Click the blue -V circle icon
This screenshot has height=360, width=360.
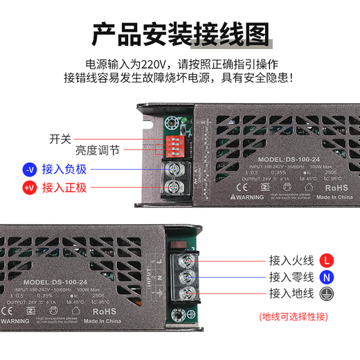[29, 168]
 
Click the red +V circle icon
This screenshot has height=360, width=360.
[29, 187]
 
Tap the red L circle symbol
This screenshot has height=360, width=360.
[327, 261]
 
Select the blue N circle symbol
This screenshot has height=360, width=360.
[327, 278]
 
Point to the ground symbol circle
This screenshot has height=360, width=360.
[327, 294]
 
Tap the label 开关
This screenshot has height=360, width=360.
[60, 138]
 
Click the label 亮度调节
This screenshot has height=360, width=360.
[98, 150]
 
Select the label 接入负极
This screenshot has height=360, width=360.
[64, 168]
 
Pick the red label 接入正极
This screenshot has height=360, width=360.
[64, 187]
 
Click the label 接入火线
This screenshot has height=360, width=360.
[291, 261]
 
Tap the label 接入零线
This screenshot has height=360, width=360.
[291, 278]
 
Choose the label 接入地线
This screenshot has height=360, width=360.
[291, 294]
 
